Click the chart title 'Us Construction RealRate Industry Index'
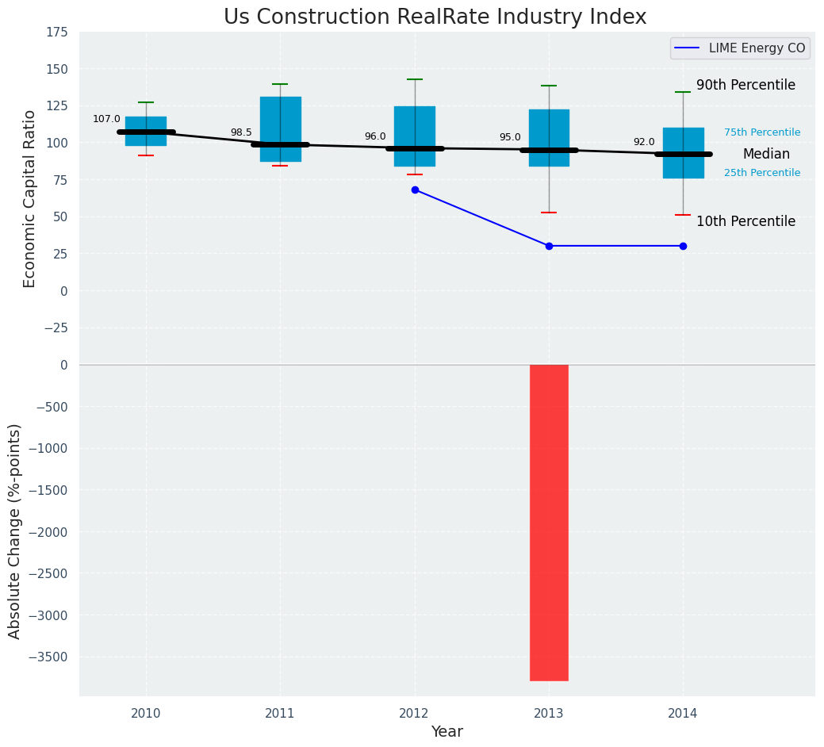tap(435, 17)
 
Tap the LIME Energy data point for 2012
tap(415, 190)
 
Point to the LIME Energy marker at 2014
tap(683, 246)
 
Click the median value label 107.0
tap(106, 119)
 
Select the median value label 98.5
tap(241, 132)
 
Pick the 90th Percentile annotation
tap(745, 85)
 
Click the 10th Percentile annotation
tap(745, 221)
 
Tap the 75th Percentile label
tap(761, 132)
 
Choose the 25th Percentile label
tap(761, 173)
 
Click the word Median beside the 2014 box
tap(766, 154)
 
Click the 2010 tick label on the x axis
tap(146, 713)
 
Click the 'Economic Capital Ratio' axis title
tap(29, 198)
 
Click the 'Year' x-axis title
tap(447, 731)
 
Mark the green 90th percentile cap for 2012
tap(415, 79)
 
